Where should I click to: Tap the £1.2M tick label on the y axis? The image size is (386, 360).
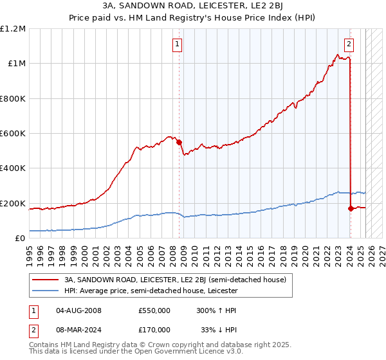click(13, 29)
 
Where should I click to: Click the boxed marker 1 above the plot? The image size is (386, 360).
click(177, 44)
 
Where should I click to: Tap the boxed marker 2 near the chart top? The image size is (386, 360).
click(349, 44)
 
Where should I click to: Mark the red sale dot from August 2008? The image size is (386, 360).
click(179, 142)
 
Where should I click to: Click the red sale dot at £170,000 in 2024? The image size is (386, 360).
click(351, 208)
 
